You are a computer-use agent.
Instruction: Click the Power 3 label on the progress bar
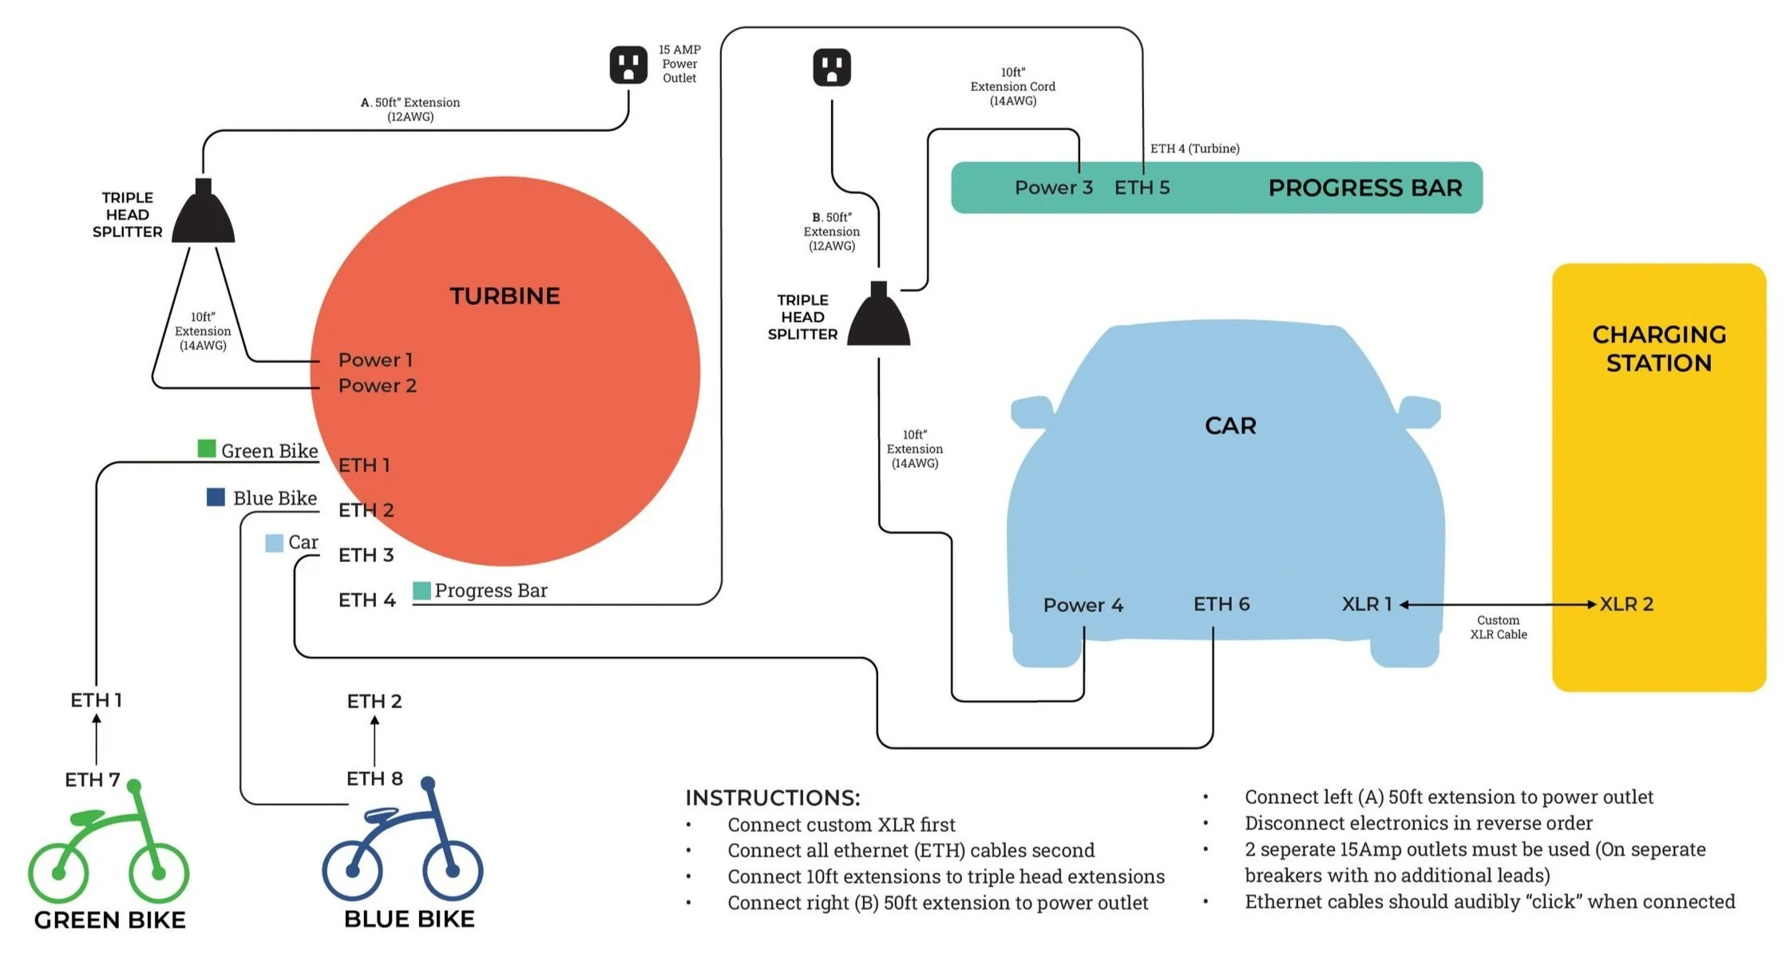tap(1053, 188)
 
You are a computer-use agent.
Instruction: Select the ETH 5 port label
tap(1142, 188)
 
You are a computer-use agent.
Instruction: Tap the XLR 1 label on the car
tap(1366, 604)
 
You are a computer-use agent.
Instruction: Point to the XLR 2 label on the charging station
tap(1626, 604)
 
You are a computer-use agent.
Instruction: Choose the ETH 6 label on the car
tap(1222, 604)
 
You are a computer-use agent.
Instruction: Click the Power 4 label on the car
tap(1083, 605)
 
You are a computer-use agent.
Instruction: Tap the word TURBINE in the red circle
tap(505, 296)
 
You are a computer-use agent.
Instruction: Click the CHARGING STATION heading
tap(1659, 349)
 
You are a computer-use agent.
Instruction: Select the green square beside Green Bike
tap(207, 449)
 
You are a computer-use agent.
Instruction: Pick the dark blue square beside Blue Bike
tap(216, 497)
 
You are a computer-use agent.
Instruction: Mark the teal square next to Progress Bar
tap(422, 591)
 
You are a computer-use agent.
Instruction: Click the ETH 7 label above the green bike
tap(93, 779)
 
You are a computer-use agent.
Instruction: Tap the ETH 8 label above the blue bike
tap(374, 778)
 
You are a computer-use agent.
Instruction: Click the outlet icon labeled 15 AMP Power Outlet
tap(628, 65)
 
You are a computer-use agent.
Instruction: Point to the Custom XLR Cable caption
tap(1498, 627)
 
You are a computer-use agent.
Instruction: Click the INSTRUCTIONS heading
tap(772, 798)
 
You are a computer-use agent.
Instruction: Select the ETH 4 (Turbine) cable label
tap(1194, 148)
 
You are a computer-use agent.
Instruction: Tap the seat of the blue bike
tap(382, 814)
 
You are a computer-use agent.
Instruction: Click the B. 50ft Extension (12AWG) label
tap(831, 232)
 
